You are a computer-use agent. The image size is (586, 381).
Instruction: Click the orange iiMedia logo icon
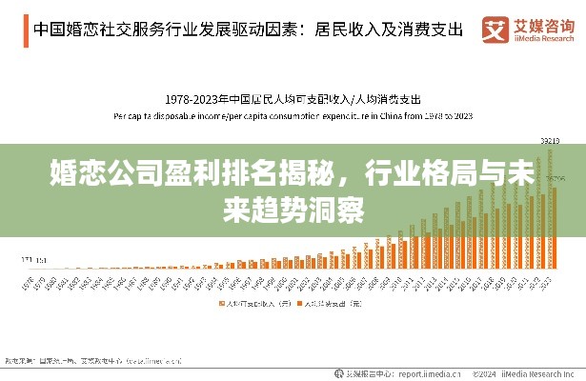point(495,29)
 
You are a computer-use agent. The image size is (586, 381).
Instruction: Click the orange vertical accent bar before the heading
point(26,29)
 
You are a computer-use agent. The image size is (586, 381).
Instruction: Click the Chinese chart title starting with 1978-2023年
point(293,98)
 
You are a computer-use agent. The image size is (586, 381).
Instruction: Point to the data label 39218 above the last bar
point(549,141)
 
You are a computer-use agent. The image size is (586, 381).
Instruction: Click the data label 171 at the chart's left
point(26,258)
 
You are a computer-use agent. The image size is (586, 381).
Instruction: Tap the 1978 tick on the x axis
point(27,283)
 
